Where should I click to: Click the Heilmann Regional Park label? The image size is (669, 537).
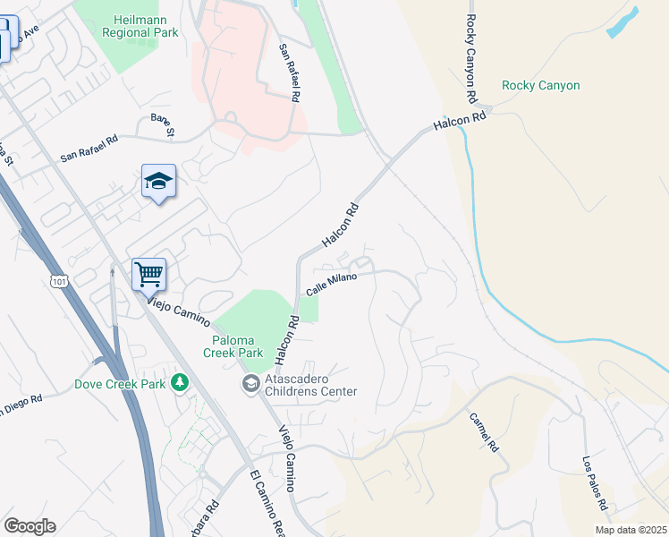(x=147, y=26)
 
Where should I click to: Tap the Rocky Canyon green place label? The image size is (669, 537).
(x=540, y=86)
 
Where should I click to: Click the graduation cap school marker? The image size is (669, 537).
(x=158, y=182)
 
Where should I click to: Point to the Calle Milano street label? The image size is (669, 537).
(x=332, y=285)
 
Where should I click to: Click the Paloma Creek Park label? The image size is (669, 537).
(x=238, y=346)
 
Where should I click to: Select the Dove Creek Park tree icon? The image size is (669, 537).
(x=181, y=383)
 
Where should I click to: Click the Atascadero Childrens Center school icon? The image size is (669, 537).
(x=250, y=384)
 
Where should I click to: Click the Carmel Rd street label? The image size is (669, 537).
(x=484, y=433)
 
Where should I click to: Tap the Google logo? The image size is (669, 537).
(x=30, y=526)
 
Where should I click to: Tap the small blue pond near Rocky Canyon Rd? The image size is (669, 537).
(x=624, y=22)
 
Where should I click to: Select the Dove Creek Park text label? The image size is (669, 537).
(x=123, y=384)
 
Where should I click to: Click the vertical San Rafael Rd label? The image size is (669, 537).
(x=288, y=71)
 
